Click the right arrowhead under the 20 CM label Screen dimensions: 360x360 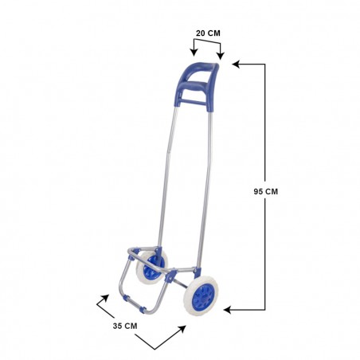[221, 56]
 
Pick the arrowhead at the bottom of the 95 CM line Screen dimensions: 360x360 [228, 308]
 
